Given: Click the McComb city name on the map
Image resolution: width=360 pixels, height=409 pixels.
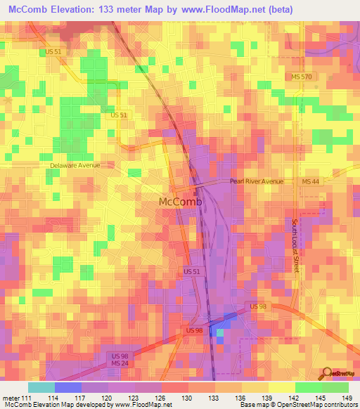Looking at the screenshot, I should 180,202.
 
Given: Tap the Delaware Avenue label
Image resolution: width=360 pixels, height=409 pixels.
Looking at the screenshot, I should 75,165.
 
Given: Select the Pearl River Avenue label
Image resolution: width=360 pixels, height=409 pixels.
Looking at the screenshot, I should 257,181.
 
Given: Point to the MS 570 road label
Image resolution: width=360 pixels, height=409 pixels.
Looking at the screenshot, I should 303,76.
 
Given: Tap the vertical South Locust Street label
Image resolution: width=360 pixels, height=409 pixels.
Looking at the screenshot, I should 296,245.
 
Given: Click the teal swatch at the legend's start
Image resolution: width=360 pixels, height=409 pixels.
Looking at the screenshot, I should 41,387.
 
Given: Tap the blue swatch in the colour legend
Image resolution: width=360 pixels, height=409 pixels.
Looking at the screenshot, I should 67,387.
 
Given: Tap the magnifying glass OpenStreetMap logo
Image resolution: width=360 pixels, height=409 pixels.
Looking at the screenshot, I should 327,372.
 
